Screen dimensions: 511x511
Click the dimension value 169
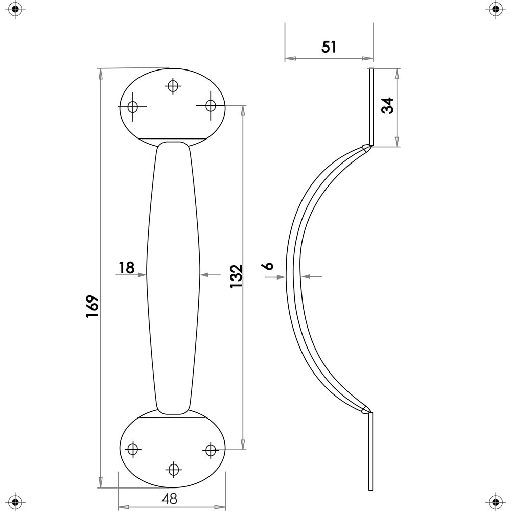92,306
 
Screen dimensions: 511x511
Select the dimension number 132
236,276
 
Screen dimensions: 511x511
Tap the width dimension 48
170,499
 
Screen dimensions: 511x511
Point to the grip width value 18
126,268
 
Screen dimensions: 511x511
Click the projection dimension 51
329,47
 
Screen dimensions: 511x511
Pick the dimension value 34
387,106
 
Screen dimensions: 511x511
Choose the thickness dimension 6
268,266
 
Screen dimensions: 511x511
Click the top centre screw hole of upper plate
173,86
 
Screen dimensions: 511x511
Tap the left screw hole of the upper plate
133,107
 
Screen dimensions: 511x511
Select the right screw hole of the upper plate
211,106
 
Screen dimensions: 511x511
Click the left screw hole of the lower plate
133,449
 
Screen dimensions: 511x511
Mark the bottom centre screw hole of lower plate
173,470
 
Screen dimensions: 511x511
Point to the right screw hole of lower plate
211,450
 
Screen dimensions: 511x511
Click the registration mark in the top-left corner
15,9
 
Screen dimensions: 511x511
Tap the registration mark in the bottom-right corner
495,501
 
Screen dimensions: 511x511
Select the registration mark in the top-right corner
495,9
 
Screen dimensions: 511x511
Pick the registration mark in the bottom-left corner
15,501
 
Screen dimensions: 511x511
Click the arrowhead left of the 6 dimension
281,277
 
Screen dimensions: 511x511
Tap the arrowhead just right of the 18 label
142,275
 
